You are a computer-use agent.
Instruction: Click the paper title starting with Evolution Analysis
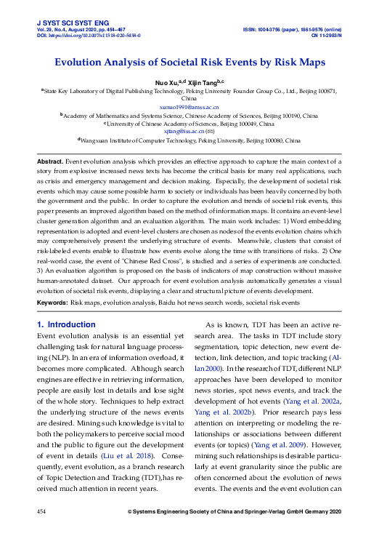[x=189, y=64]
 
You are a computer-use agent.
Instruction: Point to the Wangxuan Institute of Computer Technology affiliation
[x=189, y=140]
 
